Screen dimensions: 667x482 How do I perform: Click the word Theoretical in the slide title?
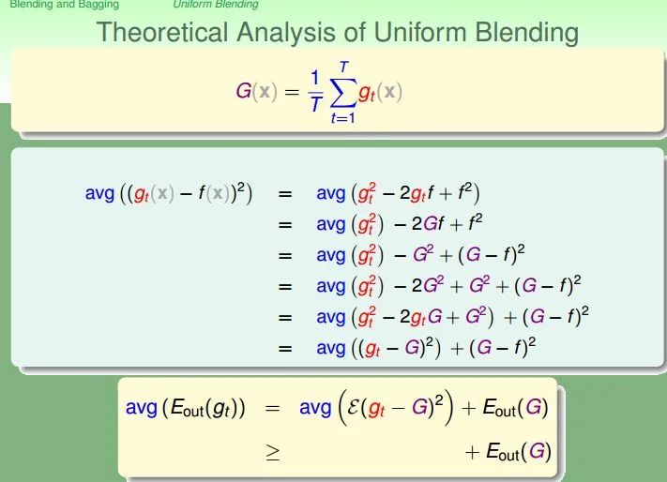pyautogui.click(x=162, y=32)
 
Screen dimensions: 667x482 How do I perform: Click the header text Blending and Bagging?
pyautogui.click(x=64, y=5)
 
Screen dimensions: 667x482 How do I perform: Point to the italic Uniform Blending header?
pyautogui.click(x=216, y=5)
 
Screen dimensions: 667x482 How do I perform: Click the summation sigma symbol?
pyautogui.click(x=342, y=92)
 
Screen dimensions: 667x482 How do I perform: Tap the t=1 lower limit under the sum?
pyautogui.click(x=342, y=118)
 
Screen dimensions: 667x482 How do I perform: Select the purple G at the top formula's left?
pyautogui.click(x=244, y=91)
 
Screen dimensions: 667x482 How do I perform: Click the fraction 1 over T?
pyautogui.click(x=315, y=91)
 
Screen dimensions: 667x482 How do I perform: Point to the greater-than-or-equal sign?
pyautogui.click(x=273, y=453)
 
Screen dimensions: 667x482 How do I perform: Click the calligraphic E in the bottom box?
pyautogui.click(x=354, y=407)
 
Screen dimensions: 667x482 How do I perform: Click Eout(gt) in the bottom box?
pyautogui.click(x=205, y=409)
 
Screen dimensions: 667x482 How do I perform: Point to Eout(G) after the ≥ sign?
pyautogui.click(x=519, y=452)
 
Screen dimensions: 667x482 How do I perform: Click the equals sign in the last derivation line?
pyautogui.click(x=285, y=349)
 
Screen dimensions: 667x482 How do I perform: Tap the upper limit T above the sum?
pyautogui.click(x=343, y=68)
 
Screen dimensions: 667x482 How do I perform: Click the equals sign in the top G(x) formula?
pyautogui.click(x=292, y=92)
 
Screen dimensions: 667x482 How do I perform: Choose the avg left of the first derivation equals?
pyautogui.click(x=100, y=194)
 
